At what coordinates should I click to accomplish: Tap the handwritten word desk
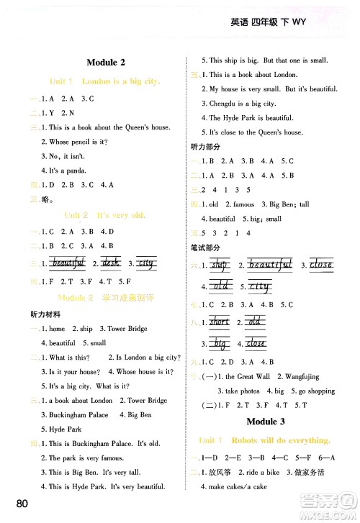coord(112,263)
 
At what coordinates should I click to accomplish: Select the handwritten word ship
coord(219,265)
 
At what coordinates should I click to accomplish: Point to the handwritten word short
coord(219,322)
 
